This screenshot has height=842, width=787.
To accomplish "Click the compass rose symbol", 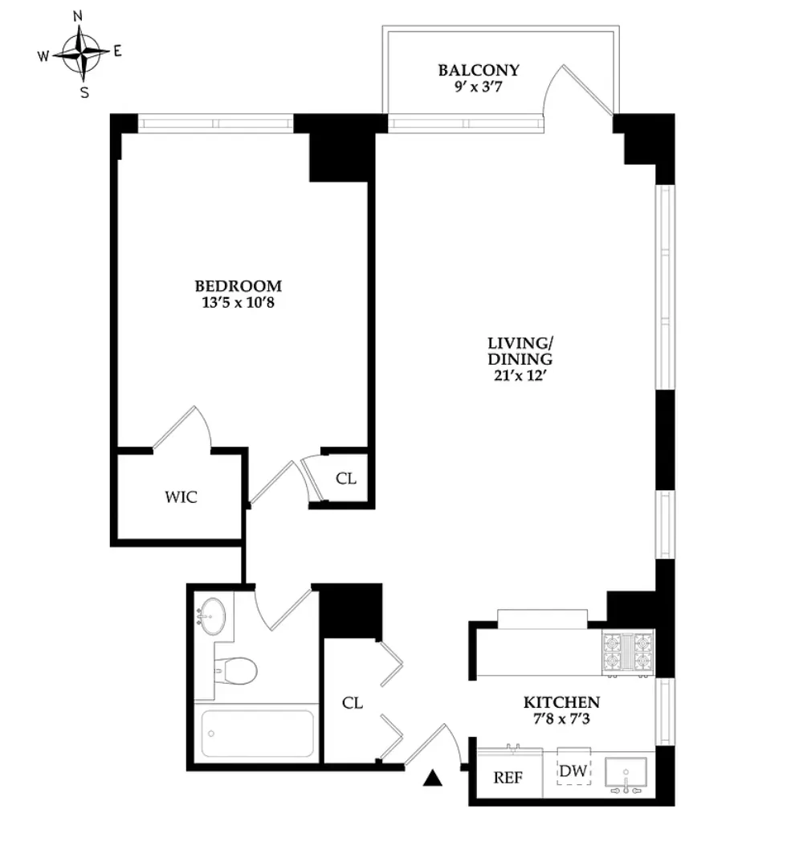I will coord(82,53).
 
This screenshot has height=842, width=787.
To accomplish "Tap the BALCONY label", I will coord(479,70).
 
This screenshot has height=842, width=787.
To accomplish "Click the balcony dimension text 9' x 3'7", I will coord(479,86).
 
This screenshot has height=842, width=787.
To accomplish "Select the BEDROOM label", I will coord(239,286).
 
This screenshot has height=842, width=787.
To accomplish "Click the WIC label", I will coord(181,497).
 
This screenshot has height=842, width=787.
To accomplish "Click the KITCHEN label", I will coord(561,702).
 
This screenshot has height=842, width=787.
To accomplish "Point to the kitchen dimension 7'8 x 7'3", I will coord(561,719).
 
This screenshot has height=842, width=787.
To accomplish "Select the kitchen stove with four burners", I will coord(627,652).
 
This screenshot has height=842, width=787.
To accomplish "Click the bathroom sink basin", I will coord(213,616).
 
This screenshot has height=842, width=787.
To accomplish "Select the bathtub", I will coord(257,733).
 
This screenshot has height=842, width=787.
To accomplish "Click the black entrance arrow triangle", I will coord(434,777).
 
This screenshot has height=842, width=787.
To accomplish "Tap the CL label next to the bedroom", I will coord(346,479).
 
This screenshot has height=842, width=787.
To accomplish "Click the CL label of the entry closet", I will coord(353,703).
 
